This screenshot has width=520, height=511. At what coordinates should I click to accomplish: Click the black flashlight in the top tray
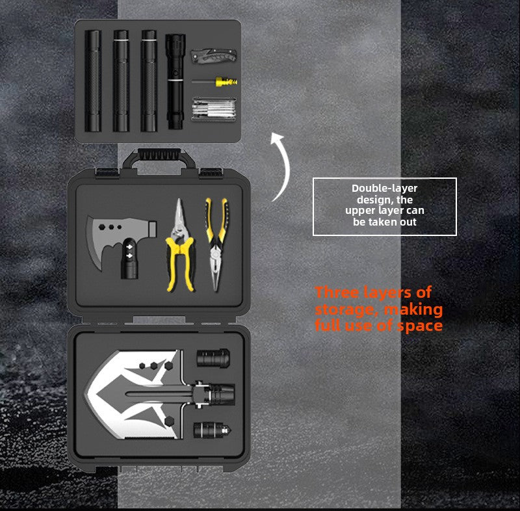point(175,81)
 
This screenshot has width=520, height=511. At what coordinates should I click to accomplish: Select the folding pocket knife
point(214,55)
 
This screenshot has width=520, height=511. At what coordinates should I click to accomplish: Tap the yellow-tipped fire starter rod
point(214,81)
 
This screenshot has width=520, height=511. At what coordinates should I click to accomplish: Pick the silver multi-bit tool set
point(214,109)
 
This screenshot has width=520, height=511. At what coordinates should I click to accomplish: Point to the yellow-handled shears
point(179,246)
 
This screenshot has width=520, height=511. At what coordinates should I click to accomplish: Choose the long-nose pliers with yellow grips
point(216,244)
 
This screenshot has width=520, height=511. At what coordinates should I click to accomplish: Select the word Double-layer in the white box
point(384,189)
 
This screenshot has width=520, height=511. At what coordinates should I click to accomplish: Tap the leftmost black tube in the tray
point(93,81)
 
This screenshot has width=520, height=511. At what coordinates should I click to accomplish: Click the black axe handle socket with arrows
point(129,259)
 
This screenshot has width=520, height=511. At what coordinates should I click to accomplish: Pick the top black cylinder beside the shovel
point(213,358)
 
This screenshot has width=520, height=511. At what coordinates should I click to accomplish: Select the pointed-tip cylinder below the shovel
point(213,430)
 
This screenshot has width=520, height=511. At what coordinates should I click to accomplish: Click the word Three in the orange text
point(337,293)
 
